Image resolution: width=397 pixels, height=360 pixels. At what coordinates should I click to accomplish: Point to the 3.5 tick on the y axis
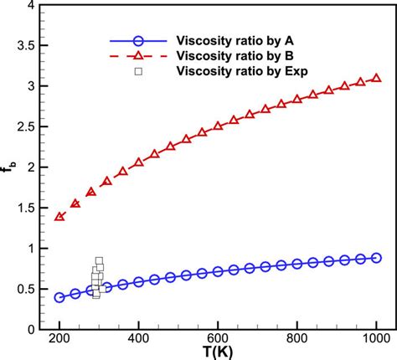(24, 47)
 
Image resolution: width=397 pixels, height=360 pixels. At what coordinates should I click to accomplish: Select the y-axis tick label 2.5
(24, 127)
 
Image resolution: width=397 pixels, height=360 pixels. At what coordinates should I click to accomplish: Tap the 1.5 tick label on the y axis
(24, 208)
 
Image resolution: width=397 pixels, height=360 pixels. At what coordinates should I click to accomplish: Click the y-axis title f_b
(8, 173)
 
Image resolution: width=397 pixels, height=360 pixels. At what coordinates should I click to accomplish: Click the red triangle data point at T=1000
(376, 78)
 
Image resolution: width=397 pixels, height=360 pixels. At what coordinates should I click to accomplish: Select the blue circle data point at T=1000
(376, 258)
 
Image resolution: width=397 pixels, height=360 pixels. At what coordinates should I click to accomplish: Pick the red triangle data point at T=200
(59, 217)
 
